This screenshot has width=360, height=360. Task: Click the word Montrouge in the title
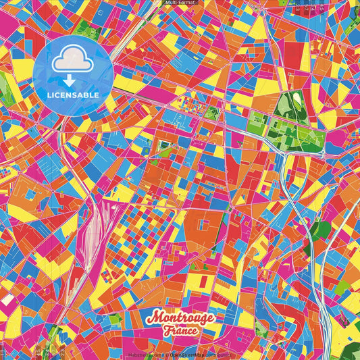pyautogui.click(x=180, y=317)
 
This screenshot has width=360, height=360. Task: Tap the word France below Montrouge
pyautogui.click(x=180, y=331)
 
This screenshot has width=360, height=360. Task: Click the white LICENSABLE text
pyautogui.click(x=73, y=95)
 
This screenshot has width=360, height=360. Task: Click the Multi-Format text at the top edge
pyautogui.click(x=180, y=3)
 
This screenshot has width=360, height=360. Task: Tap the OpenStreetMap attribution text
pyautogui.click(x=189, y=354)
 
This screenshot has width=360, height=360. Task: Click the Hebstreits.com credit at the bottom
pyautogui.click(x=143, y=354)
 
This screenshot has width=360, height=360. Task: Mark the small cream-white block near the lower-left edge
pyautogui.click(x=7, y=298)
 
